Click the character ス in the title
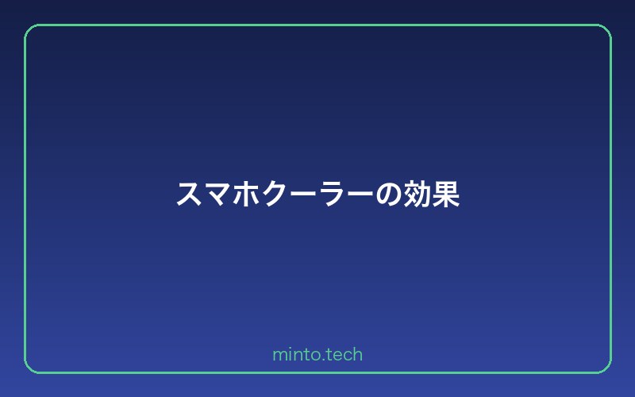pyautogui.click(x=189, y=195)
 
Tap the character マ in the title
pyautogui.click(x=217, y=195)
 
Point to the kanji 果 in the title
pyautogui.click(x=446, y=195)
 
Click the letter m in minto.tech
pyautogui.click(x=279, y=356)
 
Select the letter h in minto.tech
pyautogui.click(x=357, y=354)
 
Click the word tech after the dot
pyautogui.click(x=344, y=355)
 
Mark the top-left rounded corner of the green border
pyautogui.click(x=29, y=29)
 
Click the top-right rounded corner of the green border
pyautogui.click(x=606, y=29)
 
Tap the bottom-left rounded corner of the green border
pyautogui.click(x=29, y=368)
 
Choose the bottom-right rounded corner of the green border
pyautogui.click(x=606, y=368)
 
